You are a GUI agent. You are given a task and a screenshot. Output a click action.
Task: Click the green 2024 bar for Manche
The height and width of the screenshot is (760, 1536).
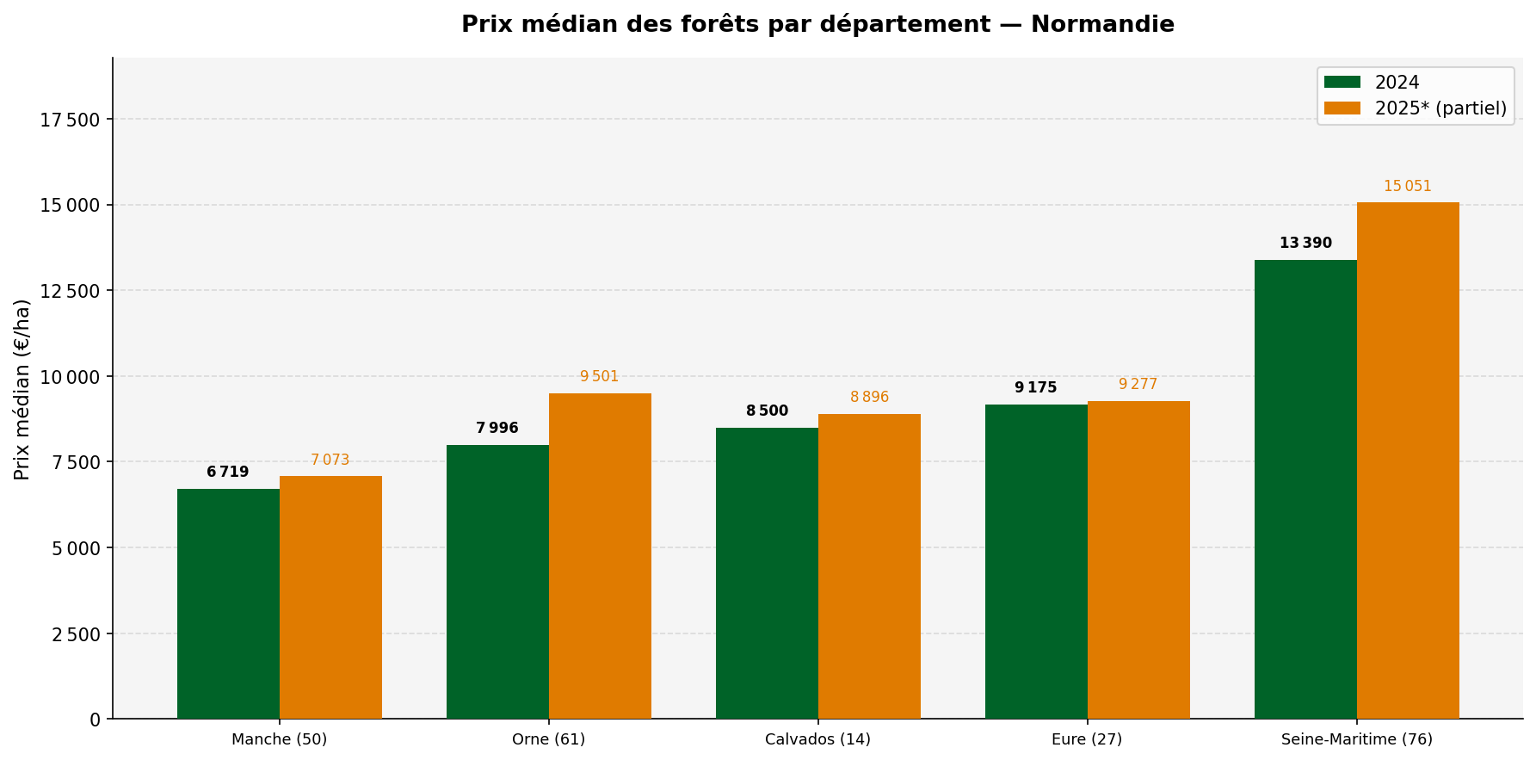(x=228, y=603)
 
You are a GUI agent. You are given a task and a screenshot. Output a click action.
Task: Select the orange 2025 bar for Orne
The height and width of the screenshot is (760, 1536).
(x=600, y=556)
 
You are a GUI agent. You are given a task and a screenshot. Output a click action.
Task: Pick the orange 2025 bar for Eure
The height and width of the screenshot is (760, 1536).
(x=1138, y=559)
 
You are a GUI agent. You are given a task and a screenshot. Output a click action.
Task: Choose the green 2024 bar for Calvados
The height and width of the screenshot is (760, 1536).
(x=767, y=573)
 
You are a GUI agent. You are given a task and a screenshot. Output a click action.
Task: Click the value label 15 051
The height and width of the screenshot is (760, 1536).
(x=1407, y=187)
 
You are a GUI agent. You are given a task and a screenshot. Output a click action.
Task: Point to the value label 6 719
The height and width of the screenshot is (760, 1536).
(x=228, y=473)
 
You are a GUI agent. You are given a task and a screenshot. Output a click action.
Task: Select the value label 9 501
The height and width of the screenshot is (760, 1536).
(x=599, y=377)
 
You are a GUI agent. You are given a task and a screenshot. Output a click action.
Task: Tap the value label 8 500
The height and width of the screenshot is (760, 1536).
(x=767, y=411)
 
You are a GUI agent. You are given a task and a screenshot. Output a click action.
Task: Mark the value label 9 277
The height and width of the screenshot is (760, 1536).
(x=1138, y=385)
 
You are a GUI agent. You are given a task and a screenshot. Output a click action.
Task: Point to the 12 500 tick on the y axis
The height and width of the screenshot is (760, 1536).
(x=71, y=291)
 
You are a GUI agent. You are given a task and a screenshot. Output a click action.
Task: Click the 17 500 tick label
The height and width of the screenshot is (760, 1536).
(x=71, y=120)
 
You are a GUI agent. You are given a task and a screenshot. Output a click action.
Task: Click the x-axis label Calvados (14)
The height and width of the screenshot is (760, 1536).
(x=817, y=739)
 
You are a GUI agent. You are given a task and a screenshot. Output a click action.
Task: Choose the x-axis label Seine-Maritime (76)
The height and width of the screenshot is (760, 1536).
(x=1356, y=739)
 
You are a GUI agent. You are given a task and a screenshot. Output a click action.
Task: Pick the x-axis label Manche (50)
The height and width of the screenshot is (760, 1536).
(x=279, y=739)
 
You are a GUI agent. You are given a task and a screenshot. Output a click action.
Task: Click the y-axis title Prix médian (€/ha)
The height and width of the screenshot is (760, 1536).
(x=22, y=389)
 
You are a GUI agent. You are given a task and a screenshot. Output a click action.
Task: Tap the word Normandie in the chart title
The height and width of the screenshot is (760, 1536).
(x=1101, y=24)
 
